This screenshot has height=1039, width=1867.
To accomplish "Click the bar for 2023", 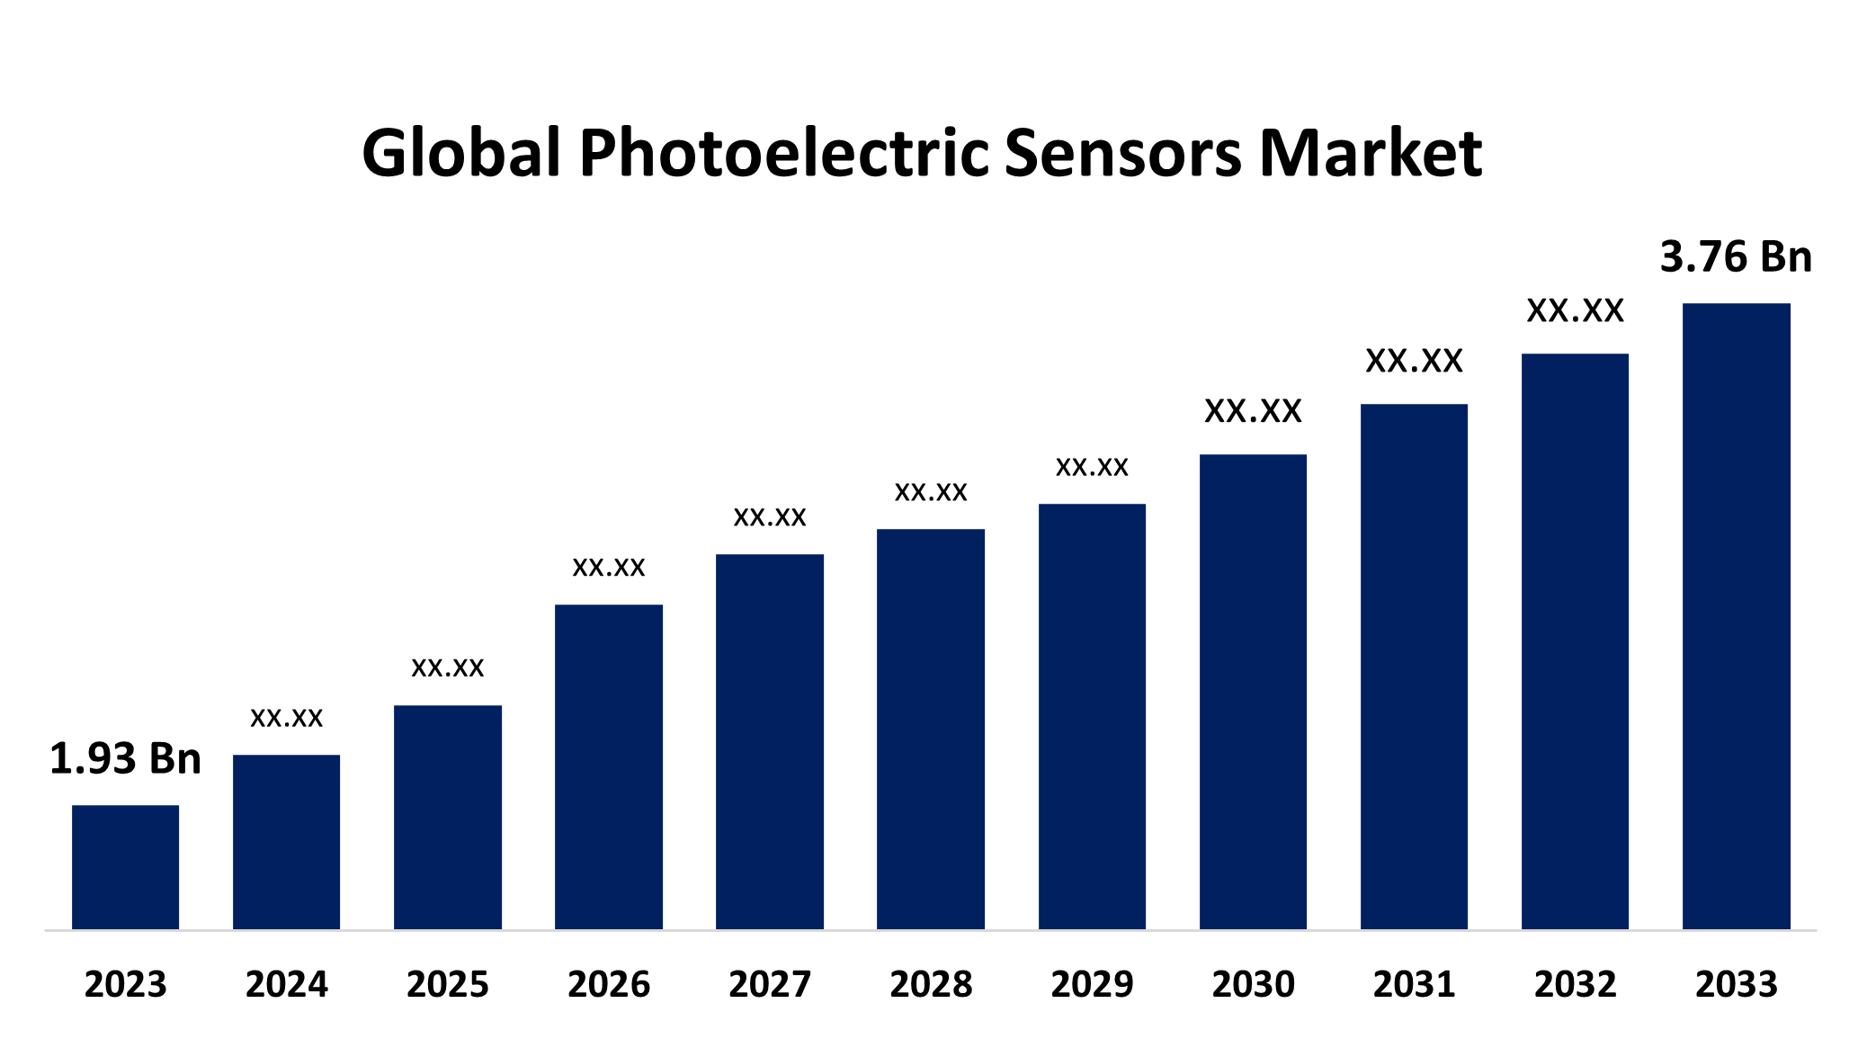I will pyautogui.click(x=125, y=866).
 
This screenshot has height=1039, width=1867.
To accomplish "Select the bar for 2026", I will pyautogui.click(x=609, y=766).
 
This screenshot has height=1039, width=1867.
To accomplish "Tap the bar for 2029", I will pyautogui.click(x=1092, y=716).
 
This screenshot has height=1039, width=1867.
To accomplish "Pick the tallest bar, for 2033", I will pyautogui.click(x=1736, y=616).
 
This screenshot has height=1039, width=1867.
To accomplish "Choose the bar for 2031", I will pyautogui.click(x=1414, y=667).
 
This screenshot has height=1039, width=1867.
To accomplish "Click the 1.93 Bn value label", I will pyautogui.click(x=125, y=758).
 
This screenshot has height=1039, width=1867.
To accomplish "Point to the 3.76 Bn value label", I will pyautogui.click(x=1736, y=256).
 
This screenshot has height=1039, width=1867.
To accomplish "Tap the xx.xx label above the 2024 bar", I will pyautogui.click(x=286, y=718).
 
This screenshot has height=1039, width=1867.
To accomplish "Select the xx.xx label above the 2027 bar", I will pyautogui.click(x=770, y=517).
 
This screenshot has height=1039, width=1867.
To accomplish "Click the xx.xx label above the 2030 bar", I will pyautogui.click(x=1253, y=411).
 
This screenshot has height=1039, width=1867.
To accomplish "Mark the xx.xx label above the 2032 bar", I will pyautogui.click(x=1575, y=310).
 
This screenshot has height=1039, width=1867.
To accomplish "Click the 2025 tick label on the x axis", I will pyautogui.click(x=447, y=984).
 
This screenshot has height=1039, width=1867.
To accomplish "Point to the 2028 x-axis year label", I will pyautogui.click(x=931, y=984).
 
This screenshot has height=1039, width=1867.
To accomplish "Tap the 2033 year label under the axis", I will pyautogui.click(x=1736, y=984).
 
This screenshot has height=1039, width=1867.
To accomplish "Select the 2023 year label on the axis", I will pyautogui.click(x=125, y=984).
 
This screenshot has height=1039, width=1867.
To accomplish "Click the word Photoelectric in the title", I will pyautogui.click(x=784, y=153).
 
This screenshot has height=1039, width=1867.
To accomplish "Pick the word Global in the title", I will pyautogui.click(x=461, y=153).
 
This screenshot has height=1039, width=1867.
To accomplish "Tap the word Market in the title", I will pyautogui.click(x=1370, y=153).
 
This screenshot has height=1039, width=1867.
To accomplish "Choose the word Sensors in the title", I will pyautogui.click(x=1123, y=153).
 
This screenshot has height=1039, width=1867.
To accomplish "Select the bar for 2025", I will pyautogui.click(x=447, y=817).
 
